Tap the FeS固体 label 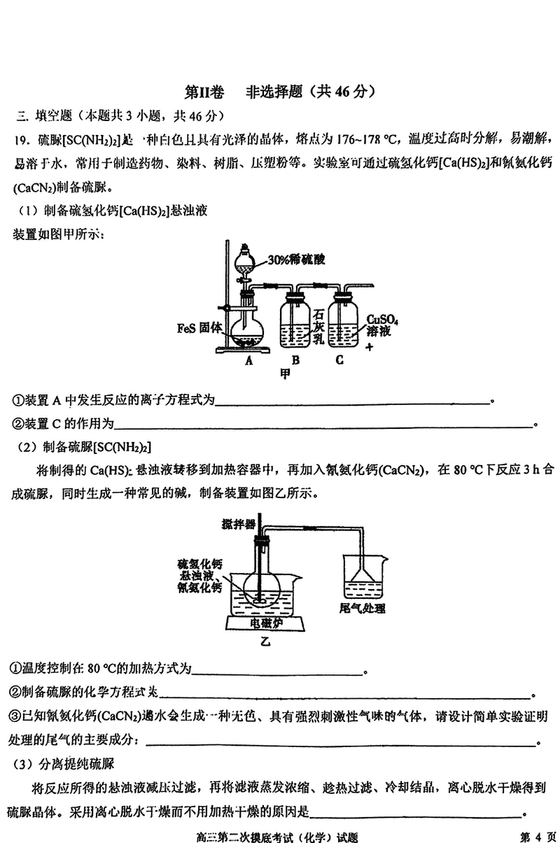(x=199, y=327)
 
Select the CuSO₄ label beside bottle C (x=382, y=320)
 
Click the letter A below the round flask (x=248, y=361)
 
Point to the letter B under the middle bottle (x=295, y=361)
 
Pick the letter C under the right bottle (x=340, y=361)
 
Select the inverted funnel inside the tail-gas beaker (x=362, y=578)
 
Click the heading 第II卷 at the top (x=203, y=91)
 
